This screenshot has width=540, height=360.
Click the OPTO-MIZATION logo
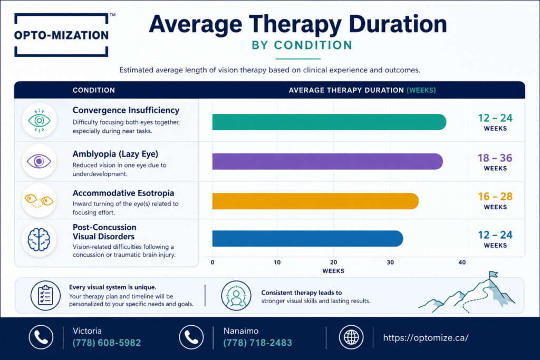tap(61, 35)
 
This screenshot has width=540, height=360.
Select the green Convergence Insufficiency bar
tap(329, 122)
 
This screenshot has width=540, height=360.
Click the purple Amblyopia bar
tap(327, 161)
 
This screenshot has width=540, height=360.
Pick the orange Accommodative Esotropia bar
tap(315, 201)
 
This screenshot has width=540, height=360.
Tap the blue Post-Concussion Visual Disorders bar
tap(307, 239)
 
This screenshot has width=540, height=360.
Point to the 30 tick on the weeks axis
tap(390, 262)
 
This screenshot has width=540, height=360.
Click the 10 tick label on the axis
tap(277, 262)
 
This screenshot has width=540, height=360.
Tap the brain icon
tap(39, 239)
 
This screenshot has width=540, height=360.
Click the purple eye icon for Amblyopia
tap(39, 161)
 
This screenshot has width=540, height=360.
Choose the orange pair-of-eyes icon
tap(39, 200)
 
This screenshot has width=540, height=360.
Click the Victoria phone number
tap(107, 343)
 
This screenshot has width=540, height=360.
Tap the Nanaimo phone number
tap(257, 343)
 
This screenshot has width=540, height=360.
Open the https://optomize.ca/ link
tap(426, 338)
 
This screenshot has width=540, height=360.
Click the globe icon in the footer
tap(351, 337)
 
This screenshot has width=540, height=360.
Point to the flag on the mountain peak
tap(494, 274)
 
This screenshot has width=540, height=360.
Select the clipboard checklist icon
tap(45, 296)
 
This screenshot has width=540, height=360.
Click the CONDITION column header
tap(94, 90)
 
